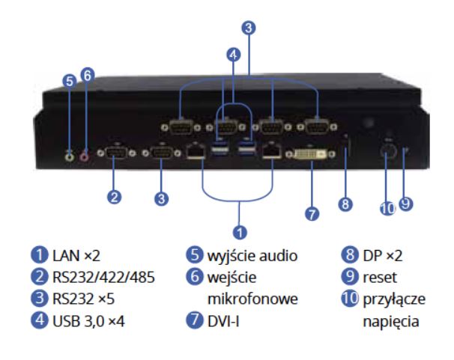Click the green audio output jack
click(70, 156)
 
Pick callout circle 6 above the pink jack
click(88, 75)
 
